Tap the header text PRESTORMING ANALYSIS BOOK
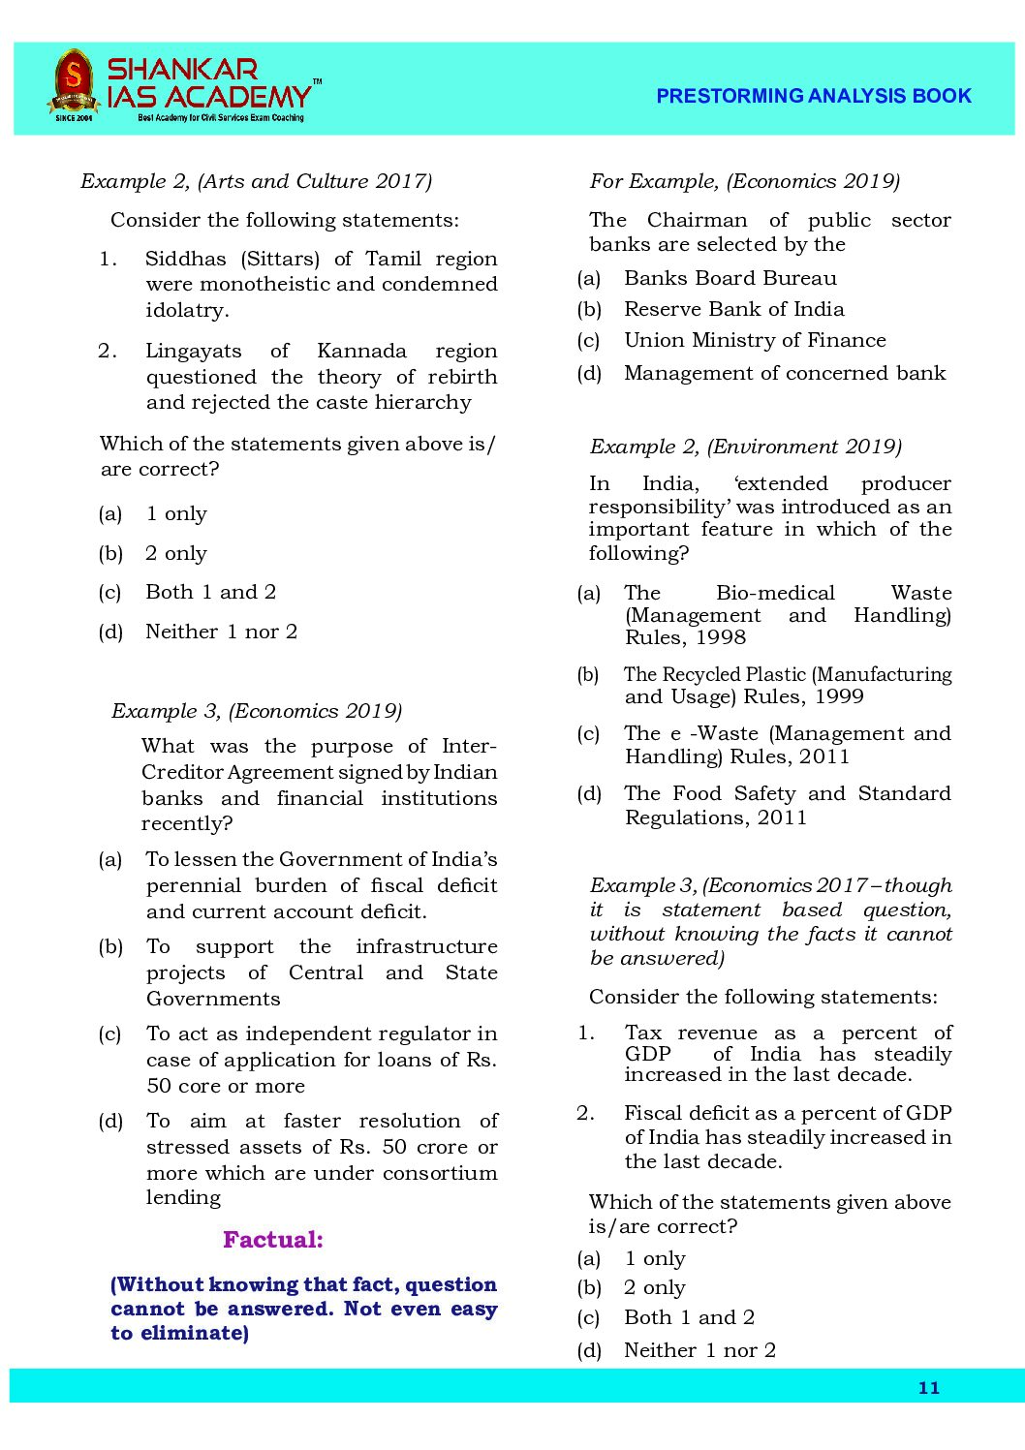click(x=813, y=96)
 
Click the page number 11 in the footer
click(x=928, y=1388)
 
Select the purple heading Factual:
click(x=273, y=1240)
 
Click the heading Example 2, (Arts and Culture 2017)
click(x=256, y=181)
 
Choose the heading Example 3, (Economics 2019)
click(x=257, y=711)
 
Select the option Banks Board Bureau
click(x=730, y=278)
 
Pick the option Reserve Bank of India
click(x=733, y=309)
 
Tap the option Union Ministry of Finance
click(x=755, y=340)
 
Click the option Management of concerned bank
click(x=785, y=373)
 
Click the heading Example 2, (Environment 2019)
click(x=745, y=447)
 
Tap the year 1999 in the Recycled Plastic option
click(x=838, y=696)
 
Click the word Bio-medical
click(x=775, y=593)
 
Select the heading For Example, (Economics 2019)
click(x=744, y=181)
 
